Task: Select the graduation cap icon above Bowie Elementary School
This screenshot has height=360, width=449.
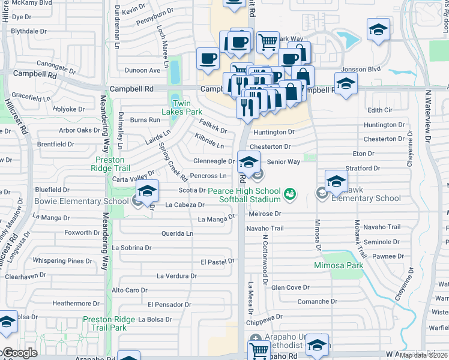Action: point(146,191)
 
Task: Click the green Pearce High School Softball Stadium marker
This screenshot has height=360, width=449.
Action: point(291,193)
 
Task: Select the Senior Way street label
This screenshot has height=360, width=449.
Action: point(283,162)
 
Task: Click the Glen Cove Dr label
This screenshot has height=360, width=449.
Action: point(290,287)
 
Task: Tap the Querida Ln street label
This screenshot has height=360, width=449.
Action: point(177,233)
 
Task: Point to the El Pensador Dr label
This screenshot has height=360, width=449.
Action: point(169,304)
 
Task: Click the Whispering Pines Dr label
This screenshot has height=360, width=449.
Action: point(62,261)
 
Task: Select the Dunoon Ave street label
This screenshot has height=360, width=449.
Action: point(142,70)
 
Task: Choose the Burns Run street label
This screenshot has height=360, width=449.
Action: point(145,120)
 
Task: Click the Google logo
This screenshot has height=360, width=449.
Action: point(20,353)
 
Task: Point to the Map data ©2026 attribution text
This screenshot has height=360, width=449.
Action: point(424,355)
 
